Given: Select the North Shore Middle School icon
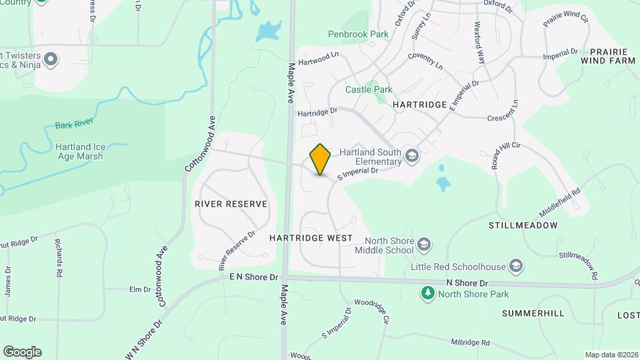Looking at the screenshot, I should (423, 245).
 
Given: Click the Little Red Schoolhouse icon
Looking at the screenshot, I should (515, 267).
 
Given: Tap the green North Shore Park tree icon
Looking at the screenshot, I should (426, 293).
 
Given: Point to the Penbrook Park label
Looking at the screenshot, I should (357, 33).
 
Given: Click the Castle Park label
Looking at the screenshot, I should (369, 89).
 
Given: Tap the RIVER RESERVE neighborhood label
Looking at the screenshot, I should (231, 204).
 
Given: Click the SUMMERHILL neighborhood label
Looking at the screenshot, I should (533, 313).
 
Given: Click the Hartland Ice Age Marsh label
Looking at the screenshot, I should (79, 151).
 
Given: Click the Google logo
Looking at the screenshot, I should (22, 352).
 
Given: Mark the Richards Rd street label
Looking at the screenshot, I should (59, 259).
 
